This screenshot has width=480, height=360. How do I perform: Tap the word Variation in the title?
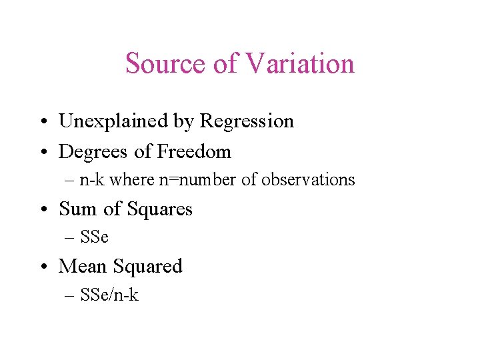pyautogui.click(x=300, y=64)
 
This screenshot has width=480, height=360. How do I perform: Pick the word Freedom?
pyautogui.click(x=194, y=152)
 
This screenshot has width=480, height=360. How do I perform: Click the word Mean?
pyautogui.click(x=83, y=267)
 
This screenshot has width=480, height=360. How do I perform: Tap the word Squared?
pyautogui.click(x=148, y=267)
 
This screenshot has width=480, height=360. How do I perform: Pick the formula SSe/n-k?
pyautogui.click(x=109, y=295)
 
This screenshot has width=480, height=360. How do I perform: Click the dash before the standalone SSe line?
pyautogui.click(x=71, y=237)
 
